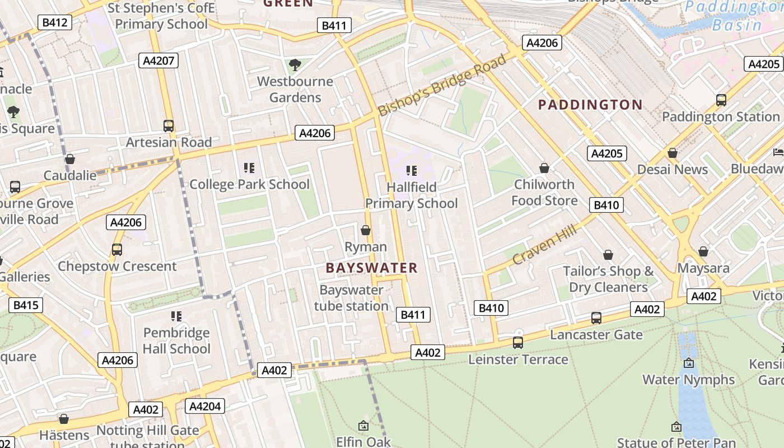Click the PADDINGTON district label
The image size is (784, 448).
point(590,105)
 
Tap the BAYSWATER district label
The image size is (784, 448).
point(372,268)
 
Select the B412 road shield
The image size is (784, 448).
point(55,22)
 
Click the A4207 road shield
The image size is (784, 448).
point(158,60)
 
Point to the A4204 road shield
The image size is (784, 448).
point(205,406)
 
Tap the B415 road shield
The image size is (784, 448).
point(26,305)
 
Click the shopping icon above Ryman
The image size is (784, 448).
point(366,230)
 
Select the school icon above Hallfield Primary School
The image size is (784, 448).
point(412,171)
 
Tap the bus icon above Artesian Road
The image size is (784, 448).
point(169,126)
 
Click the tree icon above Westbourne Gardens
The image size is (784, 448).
point(295,65)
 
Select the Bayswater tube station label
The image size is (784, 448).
point(351,298)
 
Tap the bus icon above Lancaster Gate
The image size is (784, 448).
point(596,318)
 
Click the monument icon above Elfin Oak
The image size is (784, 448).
point(363,426)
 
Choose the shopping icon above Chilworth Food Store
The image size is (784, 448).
point(544,168)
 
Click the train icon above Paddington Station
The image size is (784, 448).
point(721,100)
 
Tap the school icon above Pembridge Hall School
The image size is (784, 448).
point(176,316)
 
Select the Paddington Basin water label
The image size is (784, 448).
point(734,16)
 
